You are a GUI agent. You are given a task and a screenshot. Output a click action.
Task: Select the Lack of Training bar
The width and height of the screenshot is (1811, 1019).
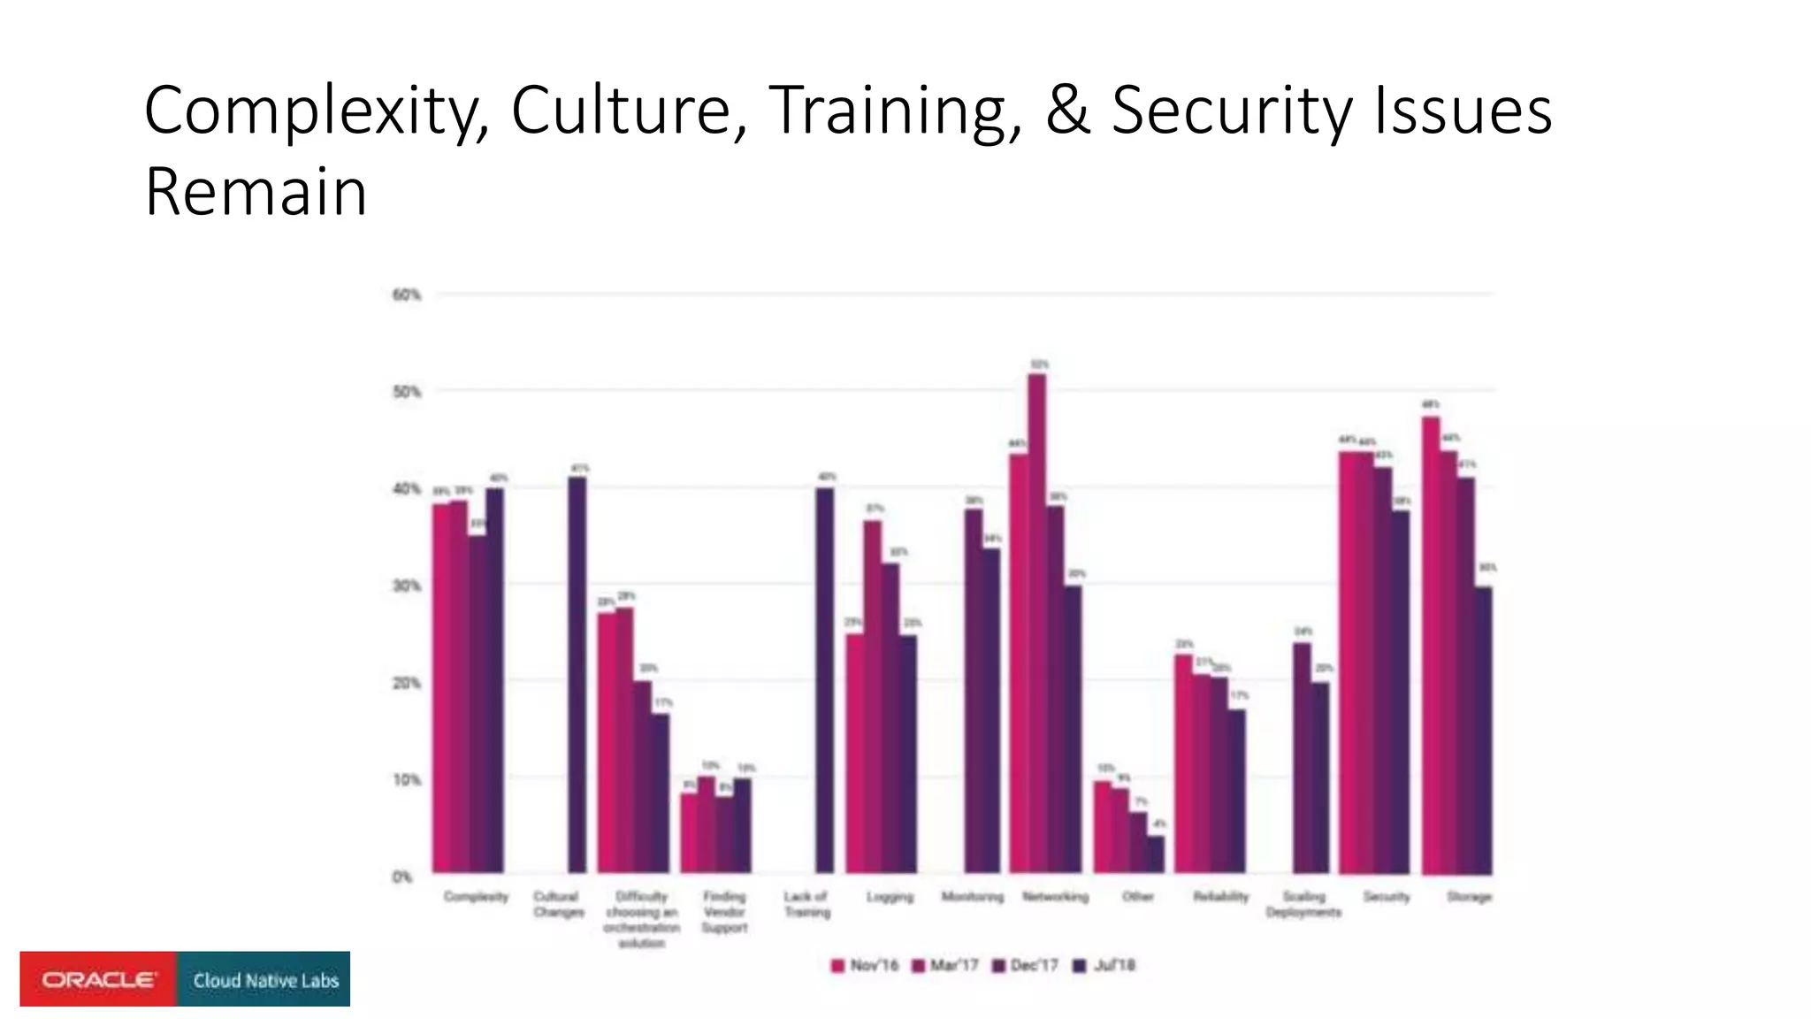(823, 680)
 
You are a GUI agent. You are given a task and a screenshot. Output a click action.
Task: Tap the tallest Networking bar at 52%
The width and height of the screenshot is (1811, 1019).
(1037, 624)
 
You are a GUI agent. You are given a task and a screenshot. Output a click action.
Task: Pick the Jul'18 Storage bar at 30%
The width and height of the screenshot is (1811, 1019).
(1484, 730)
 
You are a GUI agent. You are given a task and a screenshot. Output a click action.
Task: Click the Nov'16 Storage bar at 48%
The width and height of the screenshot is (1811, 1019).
(1431, 645)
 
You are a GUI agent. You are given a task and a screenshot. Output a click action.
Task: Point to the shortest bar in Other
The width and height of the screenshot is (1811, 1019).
(1156, 854)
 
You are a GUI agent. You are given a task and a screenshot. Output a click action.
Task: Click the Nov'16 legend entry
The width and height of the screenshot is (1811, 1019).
(865, 965)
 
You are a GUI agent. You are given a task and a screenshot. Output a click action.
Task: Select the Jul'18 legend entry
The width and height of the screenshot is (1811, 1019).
(1104, 965)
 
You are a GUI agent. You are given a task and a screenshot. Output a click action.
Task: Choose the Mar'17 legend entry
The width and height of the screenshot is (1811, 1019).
(945, 965)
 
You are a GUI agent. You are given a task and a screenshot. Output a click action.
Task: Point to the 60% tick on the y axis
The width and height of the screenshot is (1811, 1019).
(407, 295)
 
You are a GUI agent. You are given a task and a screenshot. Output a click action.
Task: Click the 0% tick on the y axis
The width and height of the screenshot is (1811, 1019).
(402, 877)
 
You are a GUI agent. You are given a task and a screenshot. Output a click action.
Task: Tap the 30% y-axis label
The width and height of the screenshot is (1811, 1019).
(407, 586)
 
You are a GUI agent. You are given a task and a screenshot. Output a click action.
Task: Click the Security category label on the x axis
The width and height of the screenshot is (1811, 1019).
(1387, 897)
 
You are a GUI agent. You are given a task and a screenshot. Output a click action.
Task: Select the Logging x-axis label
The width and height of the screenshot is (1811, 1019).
(890, 897)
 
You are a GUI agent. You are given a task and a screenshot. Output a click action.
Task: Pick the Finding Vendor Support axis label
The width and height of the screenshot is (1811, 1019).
(724, 912)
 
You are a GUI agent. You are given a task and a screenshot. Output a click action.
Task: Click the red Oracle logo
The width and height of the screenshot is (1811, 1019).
(98, 979)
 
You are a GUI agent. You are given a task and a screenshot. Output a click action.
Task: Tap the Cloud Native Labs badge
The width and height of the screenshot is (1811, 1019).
(264, 979)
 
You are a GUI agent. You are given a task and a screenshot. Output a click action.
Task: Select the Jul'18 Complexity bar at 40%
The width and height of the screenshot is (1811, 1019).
(495, 680)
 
